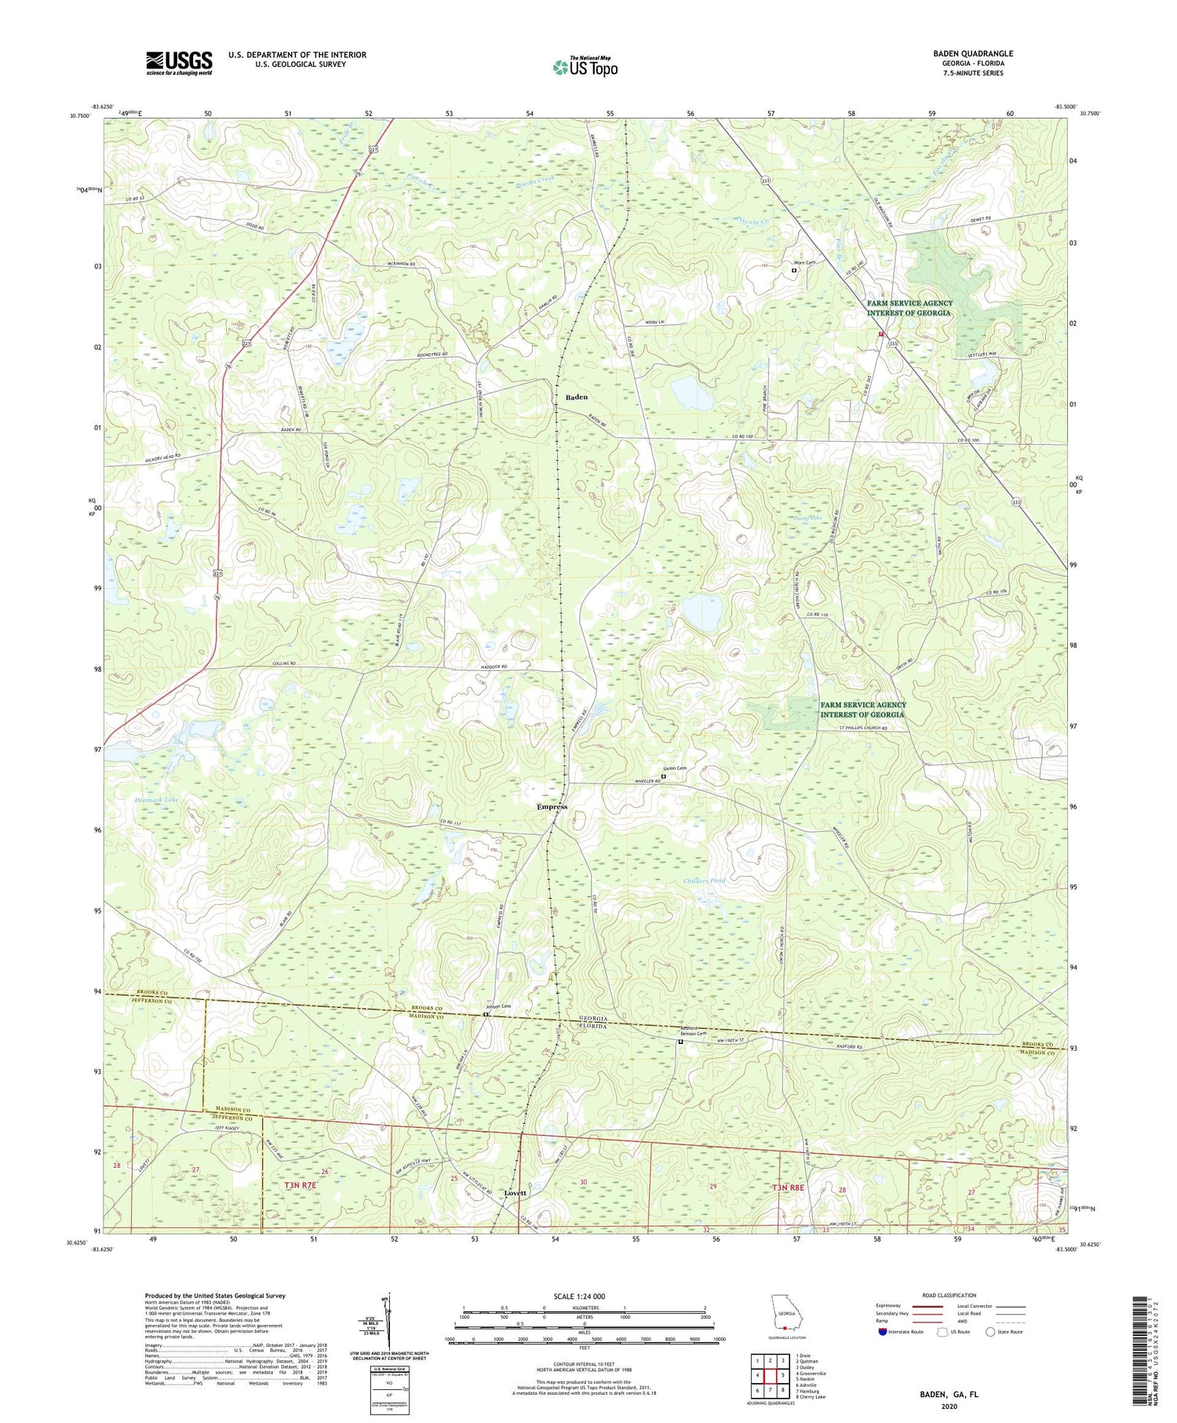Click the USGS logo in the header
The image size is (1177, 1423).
pyautogui.click(x=179, y=63)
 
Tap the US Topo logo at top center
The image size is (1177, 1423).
pyautogui.click(x=585, y=68)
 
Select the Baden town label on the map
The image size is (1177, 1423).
pyautogui.click(x=577, y=397)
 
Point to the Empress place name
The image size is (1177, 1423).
pyautogui.click(x=552, y=807)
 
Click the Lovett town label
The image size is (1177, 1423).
pyautogui.click(x=515, y=1193)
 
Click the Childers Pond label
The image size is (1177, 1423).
pyautogui.click(x=703, y=881)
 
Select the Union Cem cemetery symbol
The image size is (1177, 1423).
pyautogui.click(x=663, y=777)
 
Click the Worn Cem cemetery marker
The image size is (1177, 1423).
pyautogui.click(x=793, y=271)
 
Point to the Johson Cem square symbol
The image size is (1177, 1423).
pyautogui.click(x=486, y=1014)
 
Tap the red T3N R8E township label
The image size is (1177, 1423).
pyautogui.click(x=786, y=1188)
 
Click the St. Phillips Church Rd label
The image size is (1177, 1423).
pyautogui.click(x=859, y=729)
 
